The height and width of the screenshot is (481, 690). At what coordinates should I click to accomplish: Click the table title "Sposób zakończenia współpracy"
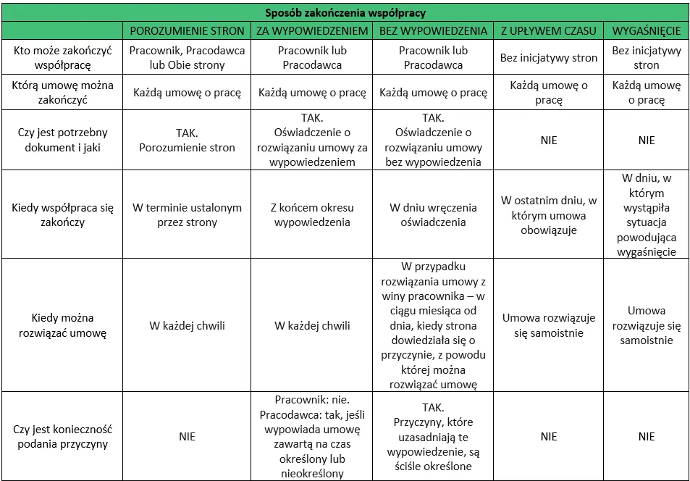(345, 12)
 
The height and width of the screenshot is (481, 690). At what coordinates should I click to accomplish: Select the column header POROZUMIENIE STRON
(187, 30)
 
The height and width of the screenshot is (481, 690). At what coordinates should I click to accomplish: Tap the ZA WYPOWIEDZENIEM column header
(311, 30)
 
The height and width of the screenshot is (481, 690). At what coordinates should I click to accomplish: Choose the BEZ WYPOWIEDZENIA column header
(433, 30)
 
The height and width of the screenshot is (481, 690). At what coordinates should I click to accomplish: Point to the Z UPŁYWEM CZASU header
(549, 30)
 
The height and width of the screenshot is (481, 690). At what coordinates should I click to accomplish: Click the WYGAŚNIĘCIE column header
(646, 30)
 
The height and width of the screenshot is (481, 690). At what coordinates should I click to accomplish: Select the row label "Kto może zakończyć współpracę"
(62, 57)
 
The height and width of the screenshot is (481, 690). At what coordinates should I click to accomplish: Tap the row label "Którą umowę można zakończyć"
(62, 92)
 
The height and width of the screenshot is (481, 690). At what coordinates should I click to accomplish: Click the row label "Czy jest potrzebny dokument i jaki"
(62, 140)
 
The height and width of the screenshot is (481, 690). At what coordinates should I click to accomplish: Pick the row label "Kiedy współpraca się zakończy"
(62, 214)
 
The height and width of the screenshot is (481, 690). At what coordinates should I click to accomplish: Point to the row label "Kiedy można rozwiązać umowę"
(62, 325)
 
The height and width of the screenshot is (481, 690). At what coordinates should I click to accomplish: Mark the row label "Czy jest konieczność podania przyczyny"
(62, 436)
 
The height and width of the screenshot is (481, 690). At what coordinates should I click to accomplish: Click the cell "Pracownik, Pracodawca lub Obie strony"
(187, 57)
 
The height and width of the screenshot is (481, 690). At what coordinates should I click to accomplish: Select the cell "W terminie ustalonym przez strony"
(187, 214)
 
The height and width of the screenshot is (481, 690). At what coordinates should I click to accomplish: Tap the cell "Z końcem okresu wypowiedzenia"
(311, 214)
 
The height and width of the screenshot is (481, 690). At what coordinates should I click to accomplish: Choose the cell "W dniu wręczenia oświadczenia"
(433, 214)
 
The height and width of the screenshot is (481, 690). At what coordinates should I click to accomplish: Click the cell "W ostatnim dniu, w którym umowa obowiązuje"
(549, 215)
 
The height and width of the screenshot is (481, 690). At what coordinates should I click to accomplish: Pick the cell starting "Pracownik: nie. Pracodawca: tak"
(311, 436)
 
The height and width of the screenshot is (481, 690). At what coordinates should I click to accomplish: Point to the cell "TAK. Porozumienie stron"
(187, 140)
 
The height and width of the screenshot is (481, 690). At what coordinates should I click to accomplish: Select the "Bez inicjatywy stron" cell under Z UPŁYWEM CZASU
(549, 57)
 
